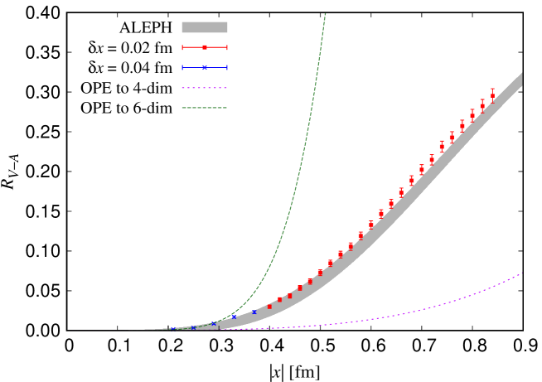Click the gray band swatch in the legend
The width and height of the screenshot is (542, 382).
coord(204,27)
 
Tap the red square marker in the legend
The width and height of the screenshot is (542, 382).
coord(205,47)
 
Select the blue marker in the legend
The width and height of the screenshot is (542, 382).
coord(205,67)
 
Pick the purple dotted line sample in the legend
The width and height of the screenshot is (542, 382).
coord(204,88)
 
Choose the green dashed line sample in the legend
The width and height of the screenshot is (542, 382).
coord(204,108)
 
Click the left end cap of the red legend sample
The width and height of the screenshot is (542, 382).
coord(182,47)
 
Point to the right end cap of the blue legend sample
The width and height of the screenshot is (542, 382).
coord(227,67)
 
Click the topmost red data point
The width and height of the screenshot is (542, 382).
coord(492,95)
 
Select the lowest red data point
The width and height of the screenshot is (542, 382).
coord(269,307)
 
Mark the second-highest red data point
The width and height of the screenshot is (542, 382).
coord(482,106)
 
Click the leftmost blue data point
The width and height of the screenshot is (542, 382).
coord(172,329)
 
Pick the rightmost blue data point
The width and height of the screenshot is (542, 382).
coord(254,312)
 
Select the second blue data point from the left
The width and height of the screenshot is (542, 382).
coord(193,327)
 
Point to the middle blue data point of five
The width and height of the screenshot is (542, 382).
coord(213,323)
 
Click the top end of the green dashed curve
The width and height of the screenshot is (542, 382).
coord(325,14)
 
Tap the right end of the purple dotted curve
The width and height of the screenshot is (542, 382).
coord(522,273)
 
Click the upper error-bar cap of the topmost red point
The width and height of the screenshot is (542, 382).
coord(492,89)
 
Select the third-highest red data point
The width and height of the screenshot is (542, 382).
coord(472,115)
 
